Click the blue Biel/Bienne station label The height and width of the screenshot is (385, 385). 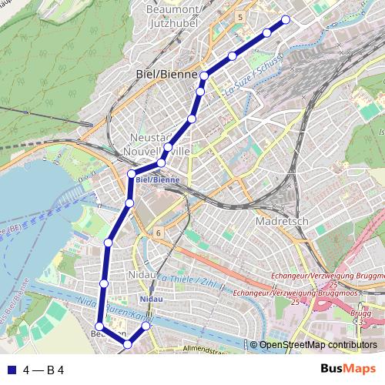point(158,179)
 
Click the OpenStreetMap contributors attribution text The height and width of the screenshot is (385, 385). point(319,346)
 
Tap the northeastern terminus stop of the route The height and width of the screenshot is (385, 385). point(286,19)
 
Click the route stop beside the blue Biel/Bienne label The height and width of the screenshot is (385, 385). point(132,174)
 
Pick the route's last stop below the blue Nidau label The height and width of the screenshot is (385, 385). point(146,327)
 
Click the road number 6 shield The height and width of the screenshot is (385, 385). point(158,232)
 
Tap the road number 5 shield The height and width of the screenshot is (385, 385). point(241,16)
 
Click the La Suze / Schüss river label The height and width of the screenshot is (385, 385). point(253,75)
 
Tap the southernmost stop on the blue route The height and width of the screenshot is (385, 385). point(128,345)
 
